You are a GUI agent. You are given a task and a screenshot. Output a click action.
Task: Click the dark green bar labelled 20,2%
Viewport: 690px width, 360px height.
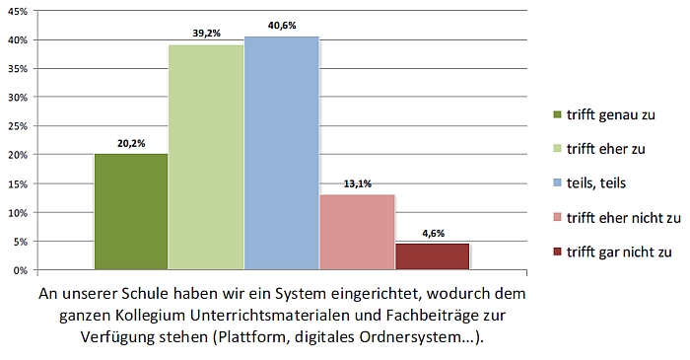tap(131, 212)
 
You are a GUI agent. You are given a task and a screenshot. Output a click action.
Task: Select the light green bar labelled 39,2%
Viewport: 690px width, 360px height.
tap(206, 157)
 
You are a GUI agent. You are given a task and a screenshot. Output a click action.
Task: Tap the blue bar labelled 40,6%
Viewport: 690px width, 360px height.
tap(282, 153)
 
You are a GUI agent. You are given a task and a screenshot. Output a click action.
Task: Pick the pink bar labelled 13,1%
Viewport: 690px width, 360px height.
tap(357, 232)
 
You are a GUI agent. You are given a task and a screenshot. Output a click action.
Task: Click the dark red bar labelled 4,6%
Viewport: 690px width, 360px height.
tap(433, 256)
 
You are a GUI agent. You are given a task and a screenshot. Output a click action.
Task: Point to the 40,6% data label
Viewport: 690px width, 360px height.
tap(282, 26)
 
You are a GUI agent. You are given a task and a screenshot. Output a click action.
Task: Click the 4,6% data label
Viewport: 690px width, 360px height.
tap(434, 233)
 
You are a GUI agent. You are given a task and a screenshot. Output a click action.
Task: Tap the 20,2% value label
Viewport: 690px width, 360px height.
tap(131, 143)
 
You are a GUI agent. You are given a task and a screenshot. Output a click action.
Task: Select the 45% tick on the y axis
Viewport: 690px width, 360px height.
tap(18, 12)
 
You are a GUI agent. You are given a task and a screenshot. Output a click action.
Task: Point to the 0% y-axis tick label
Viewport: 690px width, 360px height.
tap(21, 270)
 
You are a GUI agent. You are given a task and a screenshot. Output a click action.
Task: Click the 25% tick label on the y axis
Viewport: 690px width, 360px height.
tap(18, 126)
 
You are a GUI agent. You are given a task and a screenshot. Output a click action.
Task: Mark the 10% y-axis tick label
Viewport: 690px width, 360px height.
tap(18, 213)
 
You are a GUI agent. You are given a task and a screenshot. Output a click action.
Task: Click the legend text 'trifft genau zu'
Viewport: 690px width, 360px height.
tap(611, 114)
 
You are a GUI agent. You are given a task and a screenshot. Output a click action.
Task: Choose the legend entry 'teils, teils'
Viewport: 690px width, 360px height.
tap(595, 183)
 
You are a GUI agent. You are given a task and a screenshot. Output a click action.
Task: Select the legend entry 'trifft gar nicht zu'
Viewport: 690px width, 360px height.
tap(619, 252)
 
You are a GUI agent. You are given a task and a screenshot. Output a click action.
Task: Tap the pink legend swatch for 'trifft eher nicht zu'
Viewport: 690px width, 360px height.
tap(558, 217)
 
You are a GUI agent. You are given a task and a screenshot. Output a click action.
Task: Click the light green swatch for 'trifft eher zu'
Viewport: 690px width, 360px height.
tap(558, 148)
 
